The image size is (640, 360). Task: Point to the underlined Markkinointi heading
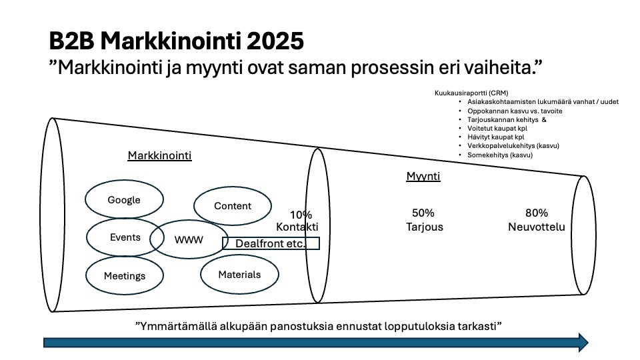coord(159,155)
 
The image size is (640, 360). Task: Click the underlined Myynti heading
coord(423,176)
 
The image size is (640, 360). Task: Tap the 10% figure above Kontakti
coord(301,215)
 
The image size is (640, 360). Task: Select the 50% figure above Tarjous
coord(423,213)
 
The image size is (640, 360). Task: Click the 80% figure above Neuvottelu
coord(537,213)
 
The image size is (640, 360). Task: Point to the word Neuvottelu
coord(537,227)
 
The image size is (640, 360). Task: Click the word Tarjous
coord(425,227)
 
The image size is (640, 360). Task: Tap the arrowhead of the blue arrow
coord(584,342)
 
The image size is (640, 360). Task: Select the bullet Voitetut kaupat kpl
coord(497,128)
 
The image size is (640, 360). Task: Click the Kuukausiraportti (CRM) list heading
coord(471,93)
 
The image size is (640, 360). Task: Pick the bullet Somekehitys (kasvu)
coord(500,155)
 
